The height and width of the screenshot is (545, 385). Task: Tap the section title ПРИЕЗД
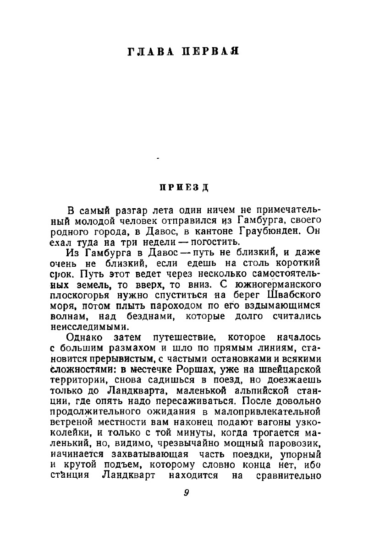[x=185, y=188]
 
